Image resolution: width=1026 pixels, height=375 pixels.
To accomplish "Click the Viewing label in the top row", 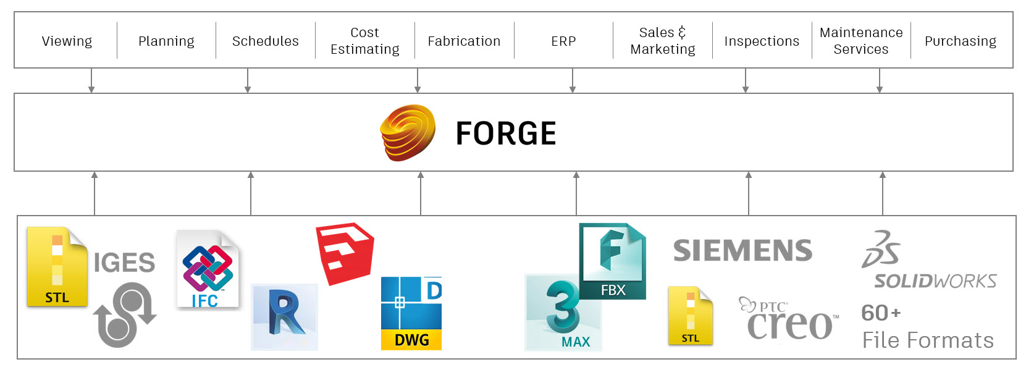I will tap(67, 41).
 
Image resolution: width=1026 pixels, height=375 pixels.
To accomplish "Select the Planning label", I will tap(166, 41).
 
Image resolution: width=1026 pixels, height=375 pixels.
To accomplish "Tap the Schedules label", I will tap(266, 41).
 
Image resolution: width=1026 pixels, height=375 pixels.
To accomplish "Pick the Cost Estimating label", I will tap(365, 41).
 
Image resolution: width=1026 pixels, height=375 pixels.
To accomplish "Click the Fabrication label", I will tap(464, 41).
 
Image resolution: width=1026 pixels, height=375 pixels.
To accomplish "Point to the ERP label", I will tap(563, 41).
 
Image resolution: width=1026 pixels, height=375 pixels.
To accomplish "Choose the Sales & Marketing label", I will tap(663, 41).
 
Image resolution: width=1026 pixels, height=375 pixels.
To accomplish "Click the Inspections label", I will tap(762, 41).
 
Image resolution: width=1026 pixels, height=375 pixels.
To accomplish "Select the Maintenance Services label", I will tap(861, 41).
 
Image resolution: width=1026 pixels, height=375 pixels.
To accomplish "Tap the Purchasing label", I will tap(961, 41).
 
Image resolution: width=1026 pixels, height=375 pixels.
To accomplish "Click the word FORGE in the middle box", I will tap(506, 133).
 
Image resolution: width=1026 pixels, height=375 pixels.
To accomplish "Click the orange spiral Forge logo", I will tap(408, 132).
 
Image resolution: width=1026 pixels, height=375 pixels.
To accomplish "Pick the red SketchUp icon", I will tap(345, 253).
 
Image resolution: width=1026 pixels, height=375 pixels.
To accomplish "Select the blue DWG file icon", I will tap(411, 313).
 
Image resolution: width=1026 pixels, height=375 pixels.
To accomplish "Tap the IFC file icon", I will tap(208, 270).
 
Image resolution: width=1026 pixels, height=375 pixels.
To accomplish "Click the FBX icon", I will tap(613, 260).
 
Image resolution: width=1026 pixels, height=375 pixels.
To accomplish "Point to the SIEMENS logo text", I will tap(742, 251).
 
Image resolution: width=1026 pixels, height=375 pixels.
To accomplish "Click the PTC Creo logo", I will tap(789, 319).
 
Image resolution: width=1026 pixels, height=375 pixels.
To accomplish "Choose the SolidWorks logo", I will tap(928, 261).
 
